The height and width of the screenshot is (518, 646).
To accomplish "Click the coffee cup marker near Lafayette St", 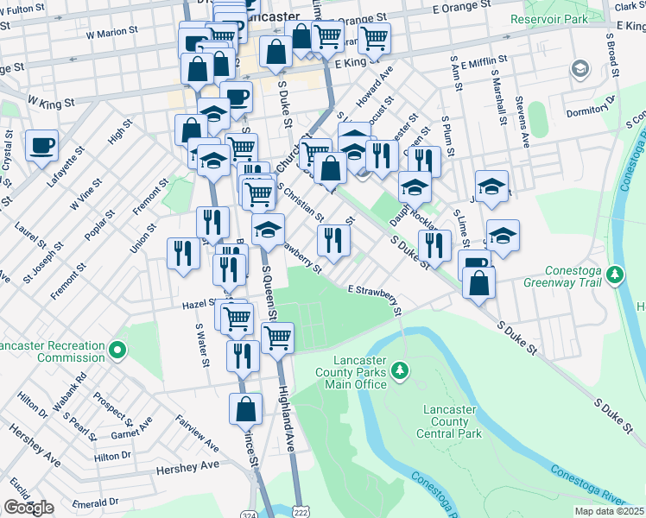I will point(41,145).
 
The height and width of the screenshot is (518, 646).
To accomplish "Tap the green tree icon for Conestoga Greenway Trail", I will point(615,275).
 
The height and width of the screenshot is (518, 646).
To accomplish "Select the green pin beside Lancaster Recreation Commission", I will point(117,351).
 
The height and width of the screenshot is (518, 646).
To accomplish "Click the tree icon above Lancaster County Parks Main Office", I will point(399,370).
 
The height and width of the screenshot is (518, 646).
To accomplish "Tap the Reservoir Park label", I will point(548,18).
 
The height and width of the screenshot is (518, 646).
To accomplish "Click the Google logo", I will point(28,508).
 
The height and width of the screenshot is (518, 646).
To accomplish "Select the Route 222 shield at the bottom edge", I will point(295,512).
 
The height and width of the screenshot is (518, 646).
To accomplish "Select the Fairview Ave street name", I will point(199,432).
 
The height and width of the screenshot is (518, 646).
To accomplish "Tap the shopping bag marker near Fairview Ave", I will point(245,409).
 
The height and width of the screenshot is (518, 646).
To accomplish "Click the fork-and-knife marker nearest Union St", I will point(181,253).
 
